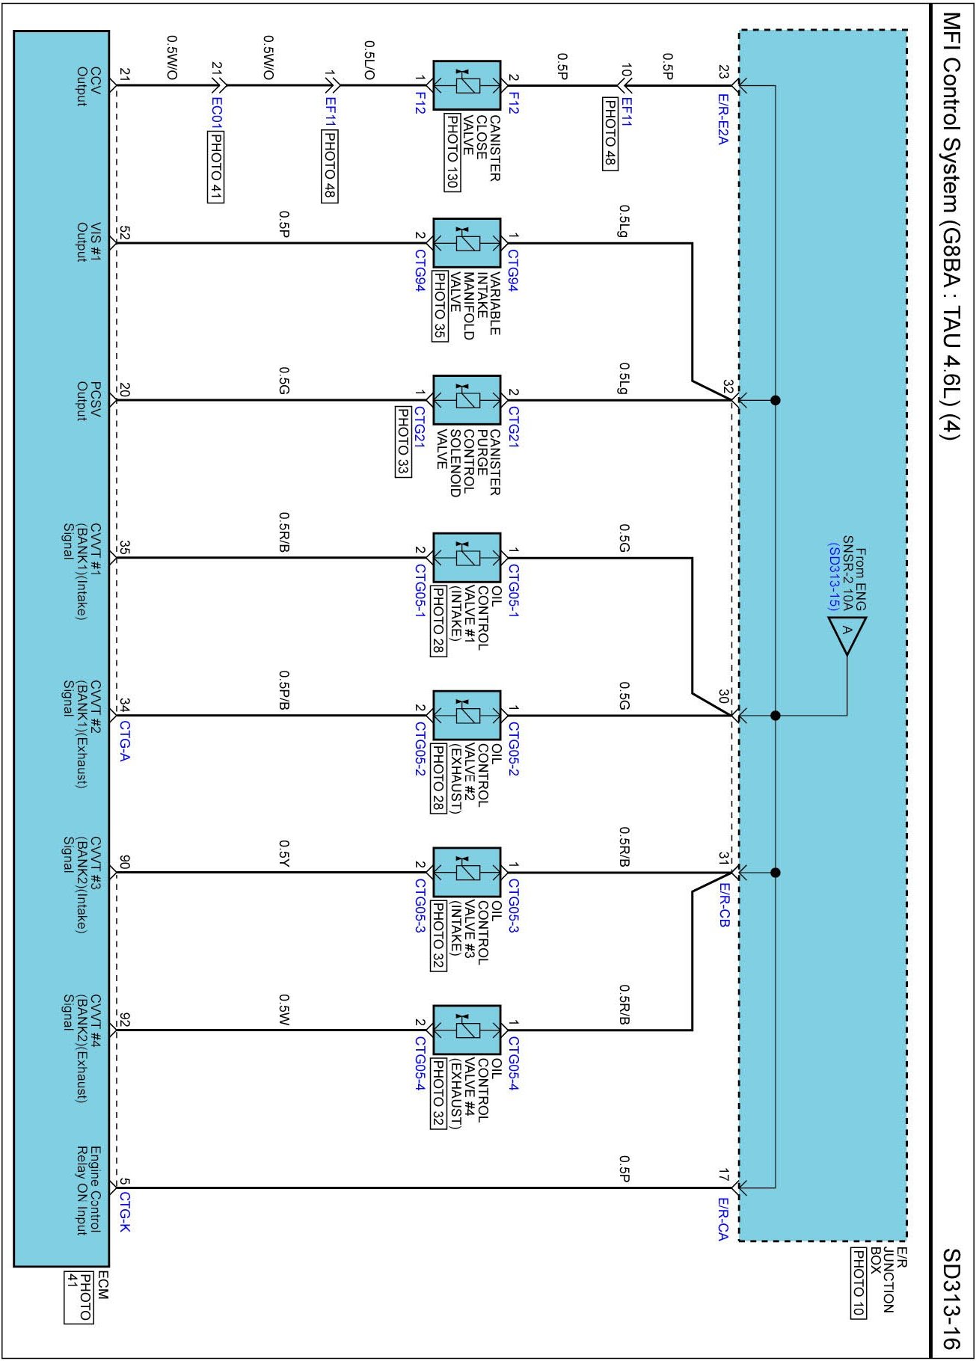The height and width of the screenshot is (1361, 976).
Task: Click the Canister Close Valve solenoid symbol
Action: click(467, 85)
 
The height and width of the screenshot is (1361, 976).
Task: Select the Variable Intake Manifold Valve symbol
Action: click(467, 243)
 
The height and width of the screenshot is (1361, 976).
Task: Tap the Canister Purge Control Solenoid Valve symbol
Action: click(467, 400)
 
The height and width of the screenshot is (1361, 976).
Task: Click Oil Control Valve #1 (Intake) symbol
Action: click(467, 558)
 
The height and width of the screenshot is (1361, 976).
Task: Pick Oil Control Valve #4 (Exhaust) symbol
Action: click(467, 1030)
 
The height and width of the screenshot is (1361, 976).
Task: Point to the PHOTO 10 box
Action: click(858, 1282)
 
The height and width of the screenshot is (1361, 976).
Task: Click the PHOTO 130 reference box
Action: click(452, 152)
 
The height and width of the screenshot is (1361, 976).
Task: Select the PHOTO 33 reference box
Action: click(403, 440)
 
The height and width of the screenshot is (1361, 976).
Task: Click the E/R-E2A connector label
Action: click(722, 120)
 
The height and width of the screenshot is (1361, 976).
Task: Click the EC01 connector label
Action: click(216, 113)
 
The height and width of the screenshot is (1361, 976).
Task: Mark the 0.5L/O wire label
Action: click(369, 60)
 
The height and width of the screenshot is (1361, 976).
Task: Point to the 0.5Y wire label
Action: click(284, 853)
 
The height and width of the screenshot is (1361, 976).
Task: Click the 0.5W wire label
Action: click(284, 1010)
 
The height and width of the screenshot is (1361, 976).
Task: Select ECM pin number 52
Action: click(124, 233)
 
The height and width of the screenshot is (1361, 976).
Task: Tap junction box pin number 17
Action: click(723, 1175)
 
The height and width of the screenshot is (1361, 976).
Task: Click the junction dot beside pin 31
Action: click(776, 873)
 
